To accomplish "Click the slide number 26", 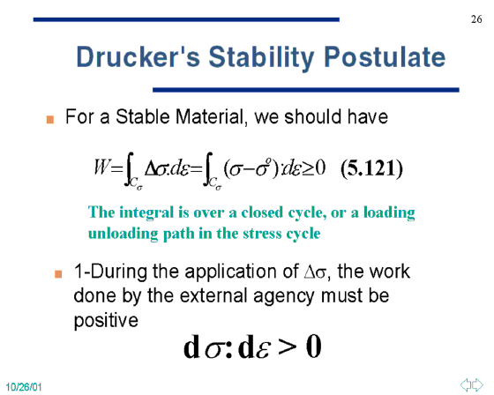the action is pos(476,19).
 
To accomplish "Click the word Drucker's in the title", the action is pos(138,57).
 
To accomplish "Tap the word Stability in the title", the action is pos(261,58).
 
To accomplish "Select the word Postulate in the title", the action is pos(385,57).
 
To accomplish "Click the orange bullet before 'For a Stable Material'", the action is pos(50,120).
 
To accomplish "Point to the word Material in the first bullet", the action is pos(210,117).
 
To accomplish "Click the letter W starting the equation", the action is pos(101,167).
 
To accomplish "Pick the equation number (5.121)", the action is pos(371,168).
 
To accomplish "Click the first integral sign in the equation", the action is pos(129,169).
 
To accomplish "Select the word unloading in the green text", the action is pos(123,234).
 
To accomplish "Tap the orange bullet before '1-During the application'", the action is pos(58,273).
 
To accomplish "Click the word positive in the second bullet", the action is pos(106,321).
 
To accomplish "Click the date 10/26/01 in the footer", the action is pos(24,387).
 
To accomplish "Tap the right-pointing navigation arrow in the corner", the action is pos(477,384).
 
